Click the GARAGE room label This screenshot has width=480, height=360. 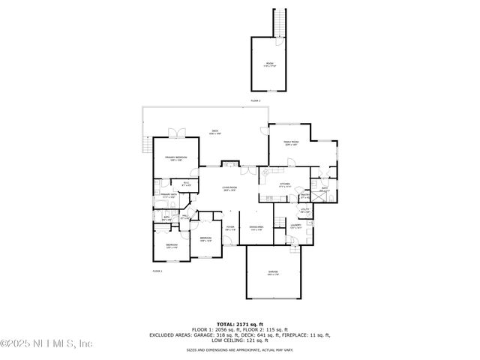tap(273, 271)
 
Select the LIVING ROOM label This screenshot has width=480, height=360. tap(229, 188)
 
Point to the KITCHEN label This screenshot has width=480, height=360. tap(284, 184)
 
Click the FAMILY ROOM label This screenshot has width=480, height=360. tap(291, 143)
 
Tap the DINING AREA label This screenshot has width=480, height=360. tap(256, 228)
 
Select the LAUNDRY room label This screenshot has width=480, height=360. tap(296, 225)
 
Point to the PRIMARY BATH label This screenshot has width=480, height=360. tap(168, 196)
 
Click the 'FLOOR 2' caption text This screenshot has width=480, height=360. tap(255, 100)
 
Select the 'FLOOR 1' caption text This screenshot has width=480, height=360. tap(157, 270)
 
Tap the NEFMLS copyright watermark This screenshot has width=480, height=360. tap(46, 343)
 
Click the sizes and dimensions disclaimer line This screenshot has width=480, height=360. tap(239, 350)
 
